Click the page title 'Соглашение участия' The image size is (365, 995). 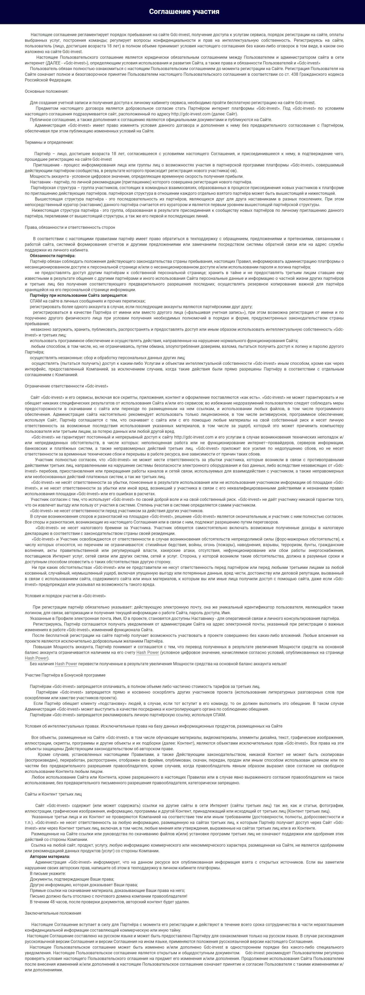point(184,12)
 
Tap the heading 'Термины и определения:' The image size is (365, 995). point(49,142)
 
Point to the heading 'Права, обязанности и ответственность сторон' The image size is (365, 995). point(70,227)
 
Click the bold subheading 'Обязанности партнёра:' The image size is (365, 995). point(53,256)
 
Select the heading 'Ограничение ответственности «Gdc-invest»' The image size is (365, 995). point(66,386)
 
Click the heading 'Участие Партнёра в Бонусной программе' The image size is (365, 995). point(65,675)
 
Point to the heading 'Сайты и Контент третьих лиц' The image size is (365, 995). point(53,794)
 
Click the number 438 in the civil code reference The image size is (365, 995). point(295,74)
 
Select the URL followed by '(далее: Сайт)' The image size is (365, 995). point(191,114)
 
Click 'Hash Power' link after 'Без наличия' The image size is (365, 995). point(66,664)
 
